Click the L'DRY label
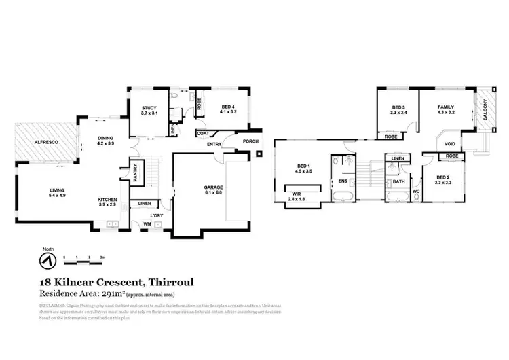pyautogui.click(x=156, y=217)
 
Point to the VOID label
pyautogui.click(x=449, y=144)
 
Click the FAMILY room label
pyautogui.click(x=445, y=107)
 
